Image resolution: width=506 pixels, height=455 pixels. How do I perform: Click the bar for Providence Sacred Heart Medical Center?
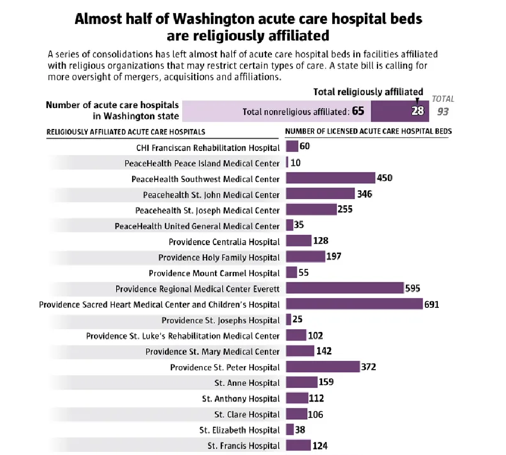354,304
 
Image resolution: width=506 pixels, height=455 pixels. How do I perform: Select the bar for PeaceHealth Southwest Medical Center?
331,178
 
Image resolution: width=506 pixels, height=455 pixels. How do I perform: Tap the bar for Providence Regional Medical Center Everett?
345,289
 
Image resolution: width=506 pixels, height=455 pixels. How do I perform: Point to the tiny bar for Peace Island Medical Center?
287,163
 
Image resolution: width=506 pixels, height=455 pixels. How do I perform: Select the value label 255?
345,210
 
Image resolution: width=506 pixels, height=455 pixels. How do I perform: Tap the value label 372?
369,367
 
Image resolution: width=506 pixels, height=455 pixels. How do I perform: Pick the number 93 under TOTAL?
442,111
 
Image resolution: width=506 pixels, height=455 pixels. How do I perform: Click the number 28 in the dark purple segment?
418,111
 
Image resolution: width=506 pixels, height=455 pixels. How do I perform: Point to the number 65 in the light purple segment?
358,111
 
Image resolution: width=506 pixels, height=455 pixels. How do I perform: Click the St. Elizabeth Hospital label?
239,430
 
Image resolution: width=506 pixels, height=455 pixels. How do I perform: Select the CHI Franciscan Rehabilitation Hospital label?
208,148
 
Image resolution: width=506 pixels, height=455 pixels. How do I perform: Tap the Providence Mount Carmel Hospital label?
214,273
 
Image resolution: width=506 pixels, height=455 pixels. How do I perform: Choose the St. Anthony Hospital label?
241,399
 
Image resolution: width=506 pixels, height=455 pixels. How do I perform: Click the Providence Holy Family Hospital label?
219,257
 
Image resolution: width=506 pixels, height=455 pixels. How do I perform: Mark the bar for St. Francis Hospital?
298,446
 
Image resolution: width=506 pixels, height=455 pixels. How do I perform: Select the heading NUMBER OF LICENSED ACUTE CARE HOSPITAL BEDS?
368,132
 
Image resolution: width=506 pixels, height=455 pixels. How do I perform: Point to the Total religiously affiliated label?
368,92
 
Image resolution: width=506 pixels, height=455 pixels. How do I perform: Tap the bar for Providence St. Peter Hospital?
323,367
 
